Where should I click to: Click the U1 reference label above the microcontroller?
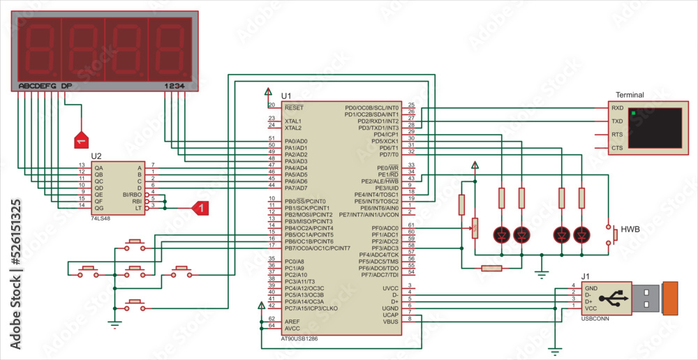pyautogui.click(x=286, y=96)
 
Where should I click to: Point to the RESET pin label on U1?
pyautogui.click(x=294, y=108)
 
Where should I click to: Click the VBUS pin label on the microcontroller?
pyautogui.click(x=391, y=322)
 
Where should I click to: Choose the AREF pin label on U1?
pyautogui.click(x=292, y=321)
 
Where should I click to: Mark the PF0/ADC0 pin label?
pyautogui.click(x=385, y=228)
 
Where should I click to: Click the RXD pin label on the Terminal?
pyautogui.click(x=617, y=108)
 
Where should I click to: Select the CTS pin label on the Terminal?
pyautogui.click(x=617, y=148)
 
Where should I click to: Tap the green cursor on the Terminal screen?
pyautogui.click(x=633, y=112)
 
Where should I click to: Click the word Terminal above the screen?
pyautogui.click(x=630, y=95)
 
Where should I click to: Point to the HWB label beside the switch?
pyautogui.click(x=630, y=229)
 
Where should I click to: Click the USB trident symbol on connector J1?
pyautogui.click(x=615, y=298)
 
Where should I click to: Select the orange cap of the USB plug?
pyautogui.click(x=670, y=298)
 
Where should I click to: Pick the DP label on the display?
pyautogui.click(x=66, y=86)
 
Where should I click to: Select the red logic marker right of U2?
pyautogui.click(x=199, y=208)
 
